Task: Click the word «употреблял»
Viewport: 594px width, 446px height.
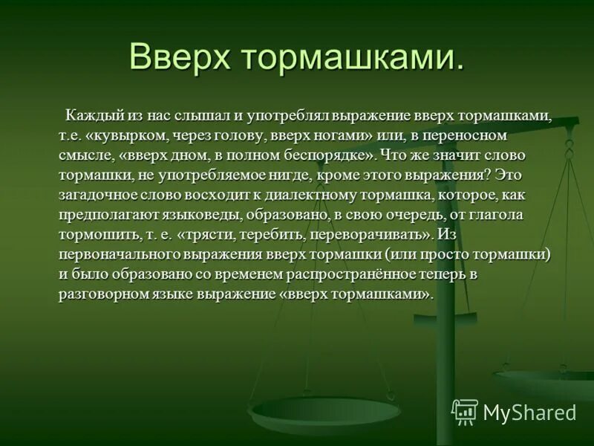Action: click(x=290, y=117)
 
